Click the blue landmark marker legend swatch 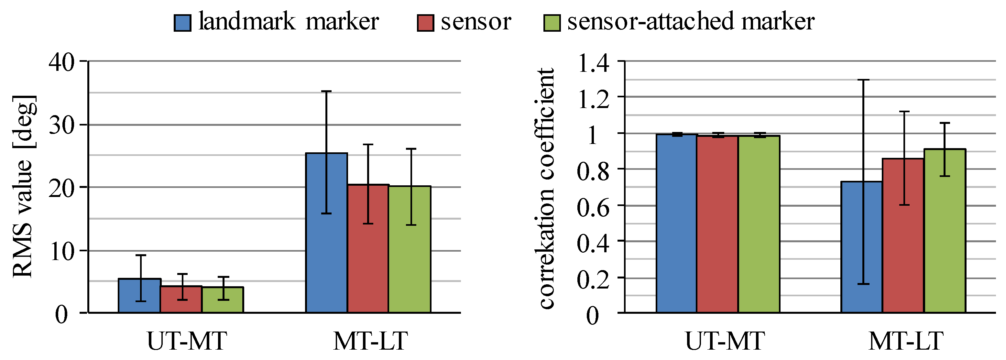coord(182,23)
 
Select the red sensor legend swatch coord(425,23)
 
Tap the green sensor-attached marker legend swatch coord(552,23)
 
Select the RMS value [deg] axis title coord(24,187)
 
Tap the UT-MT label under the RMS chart coord(187,341)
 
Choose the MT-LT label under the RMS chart coord(370,341)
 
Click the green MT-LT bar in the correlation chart coord(945,234)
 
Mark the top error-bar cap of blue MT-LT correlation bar coord(863,80)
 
